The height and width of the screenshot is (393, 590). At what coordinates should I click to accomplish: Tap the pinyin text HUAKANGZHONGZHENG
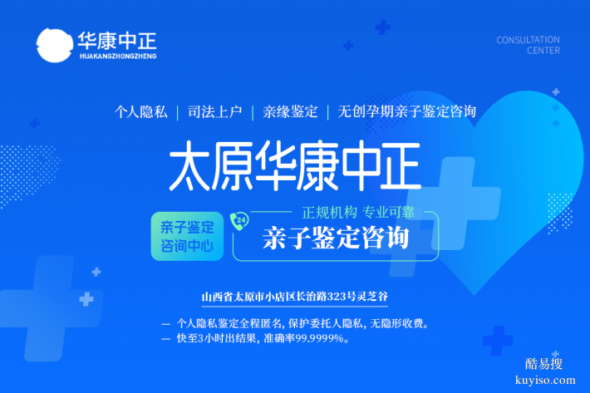click(116, 56)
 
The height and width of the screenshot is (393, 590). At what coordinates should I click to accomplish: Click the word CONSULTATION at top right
click(528, 39)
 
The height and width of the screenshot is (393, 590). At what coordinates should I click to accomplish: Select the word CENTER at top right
click(543, 51)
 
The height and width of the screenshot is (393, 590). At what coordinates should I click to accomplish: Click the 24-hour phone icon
click(240, 220)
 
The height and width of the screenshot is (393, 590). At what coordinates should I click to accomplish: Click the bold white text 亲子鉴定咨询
click(336, 237)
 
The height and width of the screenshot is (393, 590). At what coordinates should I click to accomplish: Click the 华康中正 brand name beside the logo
click(116, 39)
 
